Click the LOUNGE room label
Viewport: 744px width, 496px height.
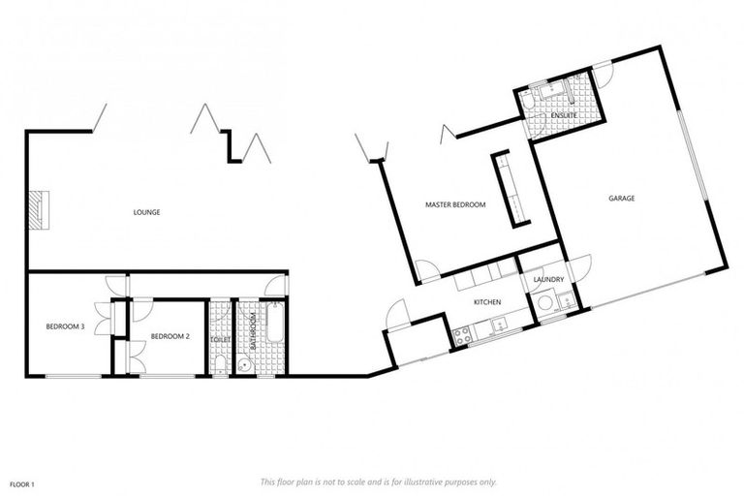[x=147, y=212]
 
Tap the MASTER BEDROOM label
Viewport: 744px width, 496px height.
[x=455, y=204]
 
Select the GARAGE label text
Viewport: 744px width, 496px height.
[x=621, y=198]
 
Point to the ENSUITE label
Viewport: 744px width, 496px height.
[x=563, y=116]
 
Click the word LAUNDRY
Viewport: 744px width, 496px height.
[x=548, y=280]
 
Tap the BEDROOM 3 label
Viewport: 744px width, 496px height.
[x=66, y=326]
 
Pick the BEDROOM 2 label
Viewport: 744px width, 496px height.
[x=170, y=336]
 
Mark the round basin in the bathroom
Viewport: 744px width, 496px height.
[x=245, y=366]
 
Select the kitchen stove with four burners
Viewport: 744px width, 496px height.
[x=462, y=335]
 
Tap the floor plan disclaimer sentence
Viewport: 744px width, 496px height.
[x=378, y=481]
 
